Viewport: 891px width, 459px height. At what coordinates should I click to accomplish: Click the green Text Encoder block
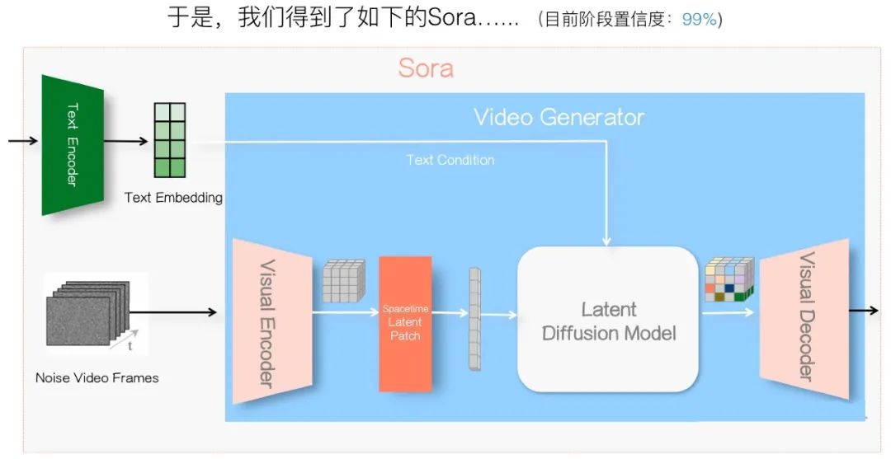pyautogui.click(x=73, y=145)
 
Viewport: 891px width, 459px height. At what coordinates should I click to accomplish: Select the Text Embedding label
pyautogui.click(x=173, y=198)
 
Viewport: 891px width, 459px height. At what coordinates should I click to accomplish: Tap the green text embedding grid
pyautogui.click(x=170, y=140)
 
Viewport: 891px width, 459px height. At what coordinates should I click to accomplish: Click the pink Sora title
pyautogui.click(x=426, y=68)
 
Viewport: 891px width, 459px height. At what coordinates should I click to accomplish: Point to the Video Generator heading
pyautogui.click(x=559, y=118)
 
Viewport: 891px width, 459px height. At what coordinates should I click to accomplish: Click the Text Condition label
pyautogui.click(x=450, y=160)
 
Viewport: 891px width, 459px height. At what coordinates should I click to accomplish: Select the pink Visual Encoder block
pyautogui.click(x=272, y=321)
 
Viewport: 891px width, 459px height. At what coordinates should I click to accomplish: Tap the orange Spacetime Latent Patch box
pyautogui.click(x=405, y=324)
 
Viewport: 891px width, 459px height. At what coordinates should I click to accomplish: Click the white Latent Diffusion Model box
pyautogui.click(x=608, y=319)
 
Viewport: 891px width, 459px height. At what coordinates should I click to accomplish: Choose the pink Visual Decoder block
pyautogui.click(x=804, y=319)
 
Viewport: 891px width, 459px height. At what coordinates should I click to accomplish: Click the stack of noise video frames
pyautogui.click(x=88, y=313)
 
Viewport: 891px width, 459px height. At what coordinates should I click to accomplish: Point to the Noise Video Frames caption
pyautogui.click(x=97, y=378)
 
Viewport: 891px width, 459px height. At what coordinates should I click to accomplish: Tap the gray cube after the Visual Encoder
pyautogui.click(x=343, y=281)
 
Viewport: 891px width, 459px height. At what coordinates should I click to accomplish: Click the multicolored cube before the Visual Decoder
pyautogui.click(x=729, y=279)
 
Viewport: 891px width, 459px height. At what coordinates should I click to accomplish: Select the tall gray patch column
pyautogui.click(x=474, y=319)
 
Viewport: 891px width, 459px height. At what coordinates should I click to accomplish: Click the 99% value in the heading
pyautogui.click(x=700, y=19)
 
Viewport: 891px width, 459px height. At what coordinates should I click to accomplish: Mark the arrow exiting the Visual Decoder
pyautogui.click(x=864, y=311)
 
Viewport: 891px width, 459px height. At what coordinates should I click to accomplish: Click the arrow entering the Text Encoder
pyautogui.click(x=23, y=140)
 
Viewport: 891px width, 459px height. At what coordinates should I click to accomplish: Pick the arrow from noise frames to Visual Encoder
pyautogui.click(x=173, y=311)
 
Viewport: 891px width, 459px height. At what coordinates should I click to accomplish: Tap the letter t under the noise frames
pyautogui.click(x=130, y=346)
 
